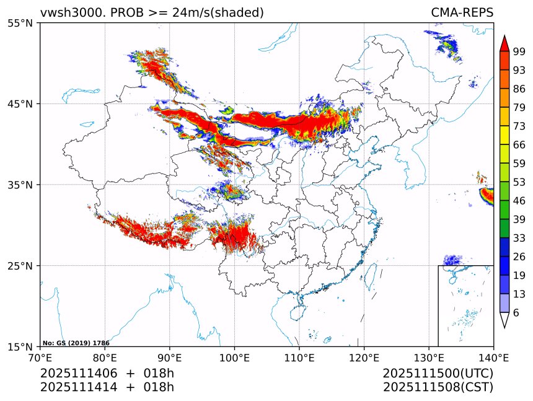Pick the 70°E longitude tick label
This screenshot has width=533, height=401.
pos(40,357)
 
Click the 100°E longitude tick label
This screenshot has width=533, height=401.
pos(234,357)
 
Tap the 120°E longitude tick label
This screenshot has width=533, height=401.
pos(364,357)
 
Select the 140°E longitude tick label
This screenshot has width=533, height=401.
pos(493,357)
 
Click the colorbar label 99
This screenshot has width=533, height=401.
pos(519,51)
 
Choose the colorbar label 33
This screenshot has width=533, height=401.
pos(519,238)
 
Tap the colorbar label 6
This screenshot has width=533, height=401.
pos(516,313)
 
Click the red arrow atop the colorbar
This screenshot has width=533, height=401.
pos(504,43)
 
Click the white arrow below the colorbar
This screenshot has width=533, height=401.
pos(504,320)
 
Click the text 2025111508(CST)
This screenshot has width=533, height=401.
pos(438,387)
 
